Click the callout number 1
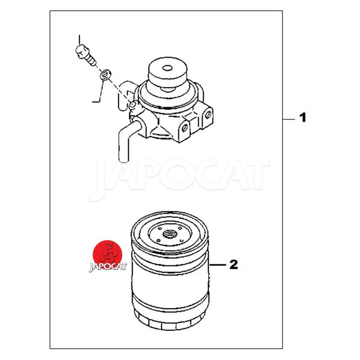coord(303,117)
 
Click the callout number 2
coord(234,265)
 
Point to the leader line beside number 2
coord(217,265)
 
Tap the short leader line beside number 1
coord(288,119)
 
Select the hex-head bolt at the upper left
coord(85,54)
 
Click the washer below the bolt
coord(105,75)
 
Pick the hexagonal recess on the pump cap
coord(167,68)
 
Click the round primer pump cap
coord(167,73)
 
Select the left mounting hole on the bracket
coord(184,128)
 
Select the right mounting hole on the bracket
coord(208,114)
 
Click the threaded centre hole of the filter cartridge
coord(170,234)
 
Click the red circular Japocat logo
coord(107,254)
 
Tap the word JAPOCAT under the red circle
coord(108,266)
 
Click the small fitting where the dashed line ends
coord(132,105)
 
